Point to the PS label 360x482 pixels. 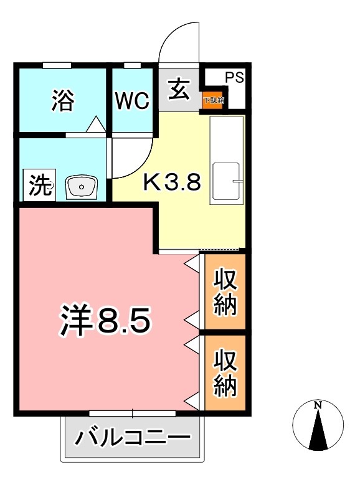[x=234, y=78]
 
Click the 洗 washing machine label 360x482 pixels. [x=40, y=187]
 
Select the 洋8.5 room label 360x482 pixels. [x=106, y=321]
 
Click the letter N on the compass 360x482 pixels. [x=318, y=405]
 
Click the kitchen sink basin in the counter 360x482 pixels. [x=226, y=181]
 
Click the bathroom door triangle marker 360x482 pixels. [x=95, y=125]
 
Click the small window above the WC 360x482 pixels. [x=132, y=65]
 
